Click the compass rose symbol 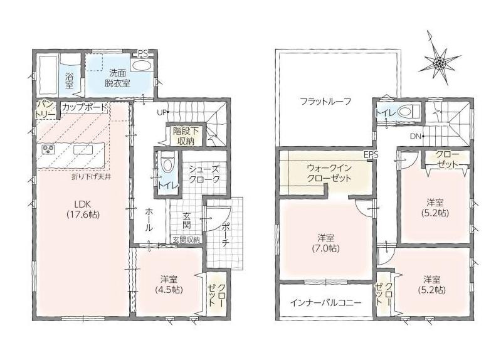click(x=440, y=62)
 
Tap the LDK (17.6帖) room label click(x=83, y=209)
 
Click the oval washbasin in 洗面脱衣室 click(x=141, y=66)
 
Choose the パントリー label click(x=46, y=110)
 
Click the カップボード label click(x=85, y=107)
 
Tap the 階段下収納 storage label click(x=186, y=136)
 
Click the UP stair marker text click(x=162, y=112)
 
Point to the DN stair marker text click(x=416, y=137)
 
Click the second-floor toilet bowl click(x=408, y=112)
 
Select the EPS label click(x=371, y=155)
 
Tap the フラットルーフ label click(x=325, y=102)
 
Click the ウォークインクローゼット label click(x=329, y=173)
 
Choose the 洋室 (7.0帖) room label click(x=326, y=243)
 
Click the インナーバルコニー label click(x=325, y=303)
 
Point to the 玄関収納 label click(x=186, y=240)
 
